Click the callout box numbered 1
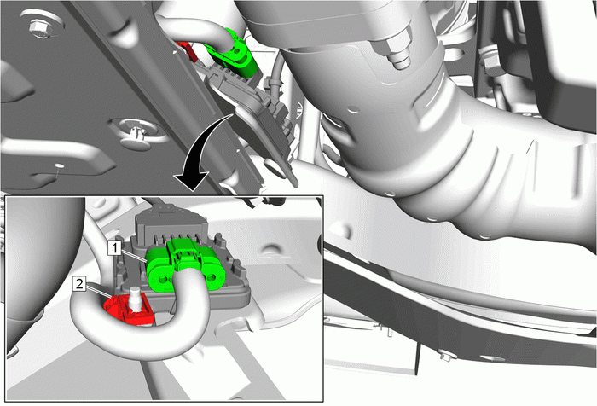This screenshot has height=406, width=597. (114, 248)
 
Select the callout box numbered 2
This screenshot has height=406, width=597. (79, 284)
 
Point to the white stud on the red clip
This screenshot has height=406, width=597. (136, 299)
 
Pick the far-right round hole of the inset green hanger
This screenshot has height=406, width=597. (212, 276)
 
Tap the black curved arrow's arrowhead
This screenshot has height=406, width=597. (192, 181)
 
